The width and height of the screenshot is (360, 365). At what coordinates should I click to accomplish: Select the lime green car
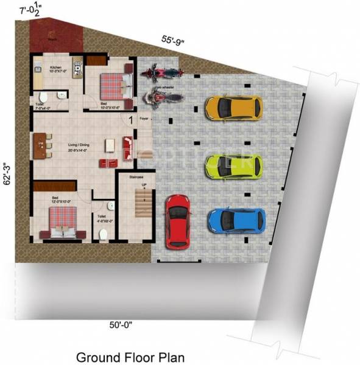click(x=233, y=165)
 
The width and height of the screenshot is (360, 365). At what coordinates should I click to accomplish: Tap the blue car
click(x=236, y=220)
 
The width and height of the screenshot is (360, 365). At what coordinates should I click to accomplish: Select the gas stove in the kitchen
click(x=77, y=71)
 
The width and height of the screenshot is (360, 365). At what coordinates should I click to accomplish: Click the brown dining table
click(x=41, y=147)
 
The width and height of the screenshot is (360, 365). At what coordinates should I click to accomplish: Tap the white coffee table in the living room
click(x=110, y=145)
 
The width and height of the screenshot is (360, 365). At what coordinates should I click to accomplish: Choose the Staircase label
click(x=137, y=177)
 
